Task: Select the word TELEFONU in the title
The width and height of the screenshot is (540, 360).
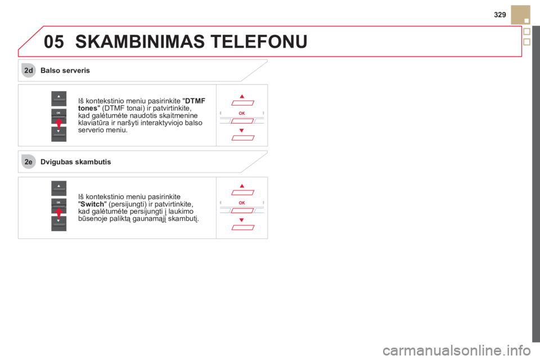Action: tap(260, 42)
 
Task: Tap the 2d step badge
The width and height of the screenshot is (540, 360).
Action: tap(29, 71)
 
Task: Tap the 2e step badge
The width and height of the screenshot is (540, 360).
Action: tap(29, 162)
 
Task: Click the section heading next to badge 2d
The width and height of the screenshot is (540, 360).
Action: tap(65, 71)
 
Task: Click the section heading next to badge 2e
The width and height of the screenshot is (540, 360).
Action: tap(76, 162)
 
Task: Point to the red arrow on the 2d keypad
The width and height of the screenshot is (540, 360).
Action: tap(58, 123)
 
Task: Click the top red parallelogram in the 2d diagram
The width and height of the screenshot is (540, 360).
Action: tap(242, 103)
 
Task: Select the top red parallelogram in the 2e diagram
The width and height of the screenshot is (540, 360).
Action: tap(242, 193)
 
